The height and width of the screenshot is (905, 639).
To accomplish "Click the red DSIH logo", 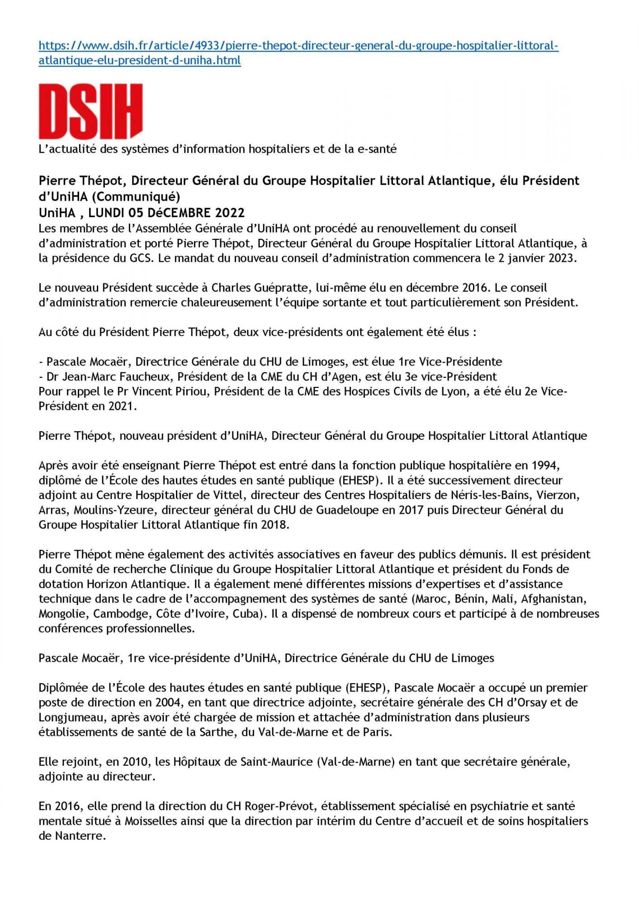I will tap(90, 111).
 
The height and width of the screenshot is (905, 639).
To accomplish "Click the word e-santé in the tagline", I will tap(377, 149).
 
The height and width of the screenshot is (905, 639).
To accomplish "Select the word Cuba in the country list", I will tap(247, 614).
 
